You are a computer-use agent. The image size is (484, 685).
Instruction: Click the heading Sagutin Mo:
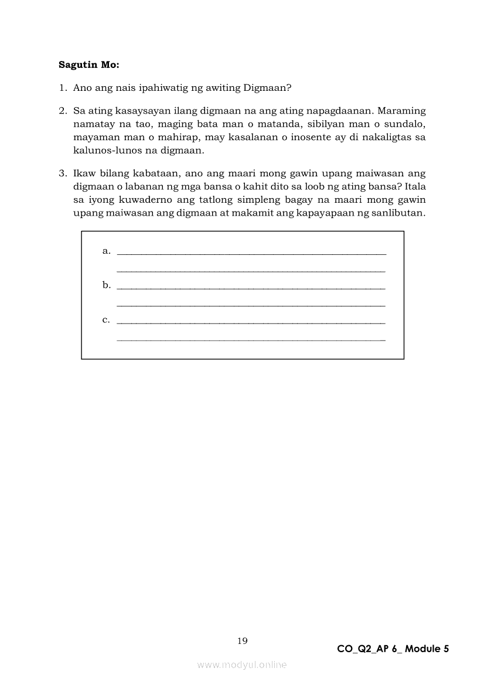88,64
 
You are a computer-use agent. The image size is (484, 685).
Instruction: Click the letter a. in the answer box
106,251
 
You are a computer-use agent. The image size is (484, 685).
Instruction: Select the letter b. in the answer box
106,285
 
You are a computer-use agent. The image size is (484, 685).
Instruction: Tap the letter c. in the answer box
106,320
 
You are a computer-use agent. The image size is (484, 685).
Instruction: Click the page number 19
243,641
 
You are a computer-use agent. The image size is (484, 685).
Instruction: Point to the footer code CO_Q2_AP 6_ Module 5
393,649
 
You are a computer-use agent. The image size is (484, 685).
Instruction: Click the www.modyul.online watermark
242,665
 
